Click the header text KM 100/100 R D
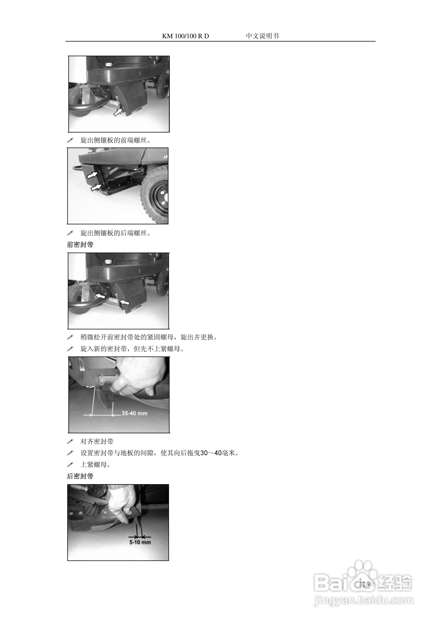pyautogui.click(x=185, y=36)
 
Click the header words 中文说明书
pyautogui.click(x=262, y=36)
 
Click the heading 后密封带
pyautogui.click(x=80, y=476)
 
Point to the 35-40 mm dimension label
pyautogui.click(x=135, y=413)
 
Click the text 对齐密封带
pyautogui.click(x=97, y=441)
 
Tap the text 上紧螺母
pyautogui.click(x=95, y=465)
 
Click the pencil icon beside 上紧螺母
pyautogui.click(x=70, y=464)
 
